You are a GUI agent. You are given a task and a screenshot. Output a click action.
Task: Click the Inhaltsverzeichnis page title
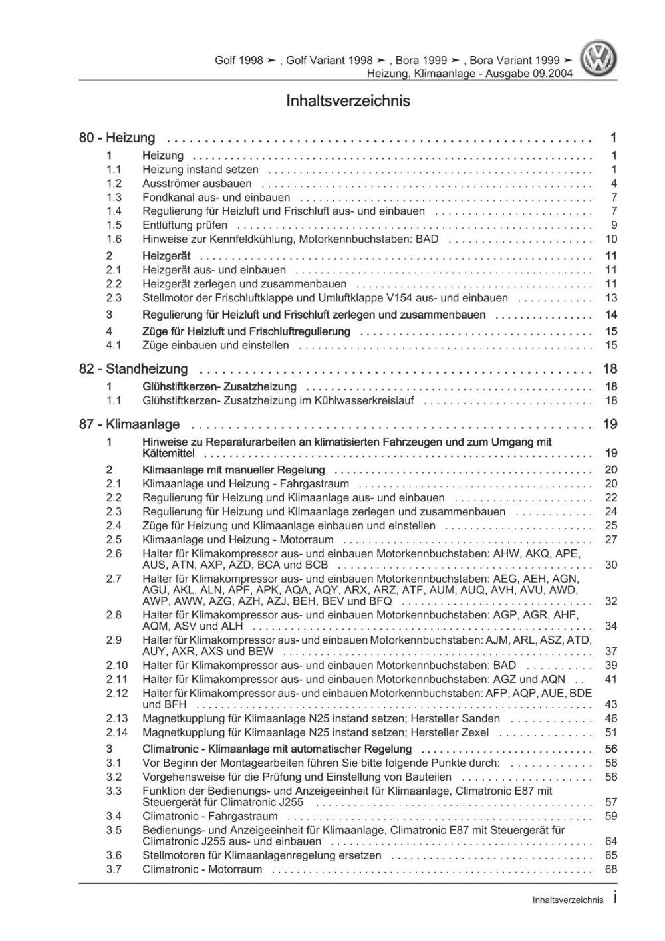pos(348,102)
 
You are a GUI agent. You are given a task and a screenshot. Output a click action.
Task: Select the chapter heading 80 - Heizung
pos(117,138)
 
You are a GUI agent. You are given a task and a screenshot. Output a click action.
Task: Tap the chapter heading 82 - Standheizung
pos(133,369)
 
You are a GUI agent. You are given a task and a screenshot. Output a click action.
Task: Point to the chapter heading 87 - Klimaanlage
pos(129,424)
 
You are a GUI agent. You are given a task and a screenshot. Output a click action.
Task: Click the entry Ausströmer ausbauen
pos(197,184)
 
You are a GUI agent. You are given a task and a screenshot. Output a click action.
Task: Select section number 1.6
pos(114,239)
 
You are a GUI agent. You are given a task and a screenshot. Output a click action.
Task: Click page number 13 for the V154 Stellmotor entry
pos(611,299)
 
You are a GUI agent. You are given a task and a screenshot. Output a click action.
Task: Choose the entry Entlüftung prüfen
pos(185,225)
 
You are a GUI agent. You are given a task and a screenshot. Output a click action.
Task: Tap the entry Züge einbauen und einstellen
pos(215,346)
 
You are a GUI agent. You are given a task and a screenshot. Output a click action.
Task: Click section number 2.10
pos(116,666)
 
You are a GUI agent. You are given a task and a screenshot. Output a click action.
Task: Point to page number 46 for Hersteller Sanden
pos(611,719)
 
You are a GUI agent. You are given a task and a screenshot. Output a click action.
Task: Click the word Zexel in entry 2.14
pos(474,733)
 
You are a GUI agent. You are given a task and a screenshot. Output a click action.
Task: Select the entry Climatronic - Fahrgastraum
pos(209,817)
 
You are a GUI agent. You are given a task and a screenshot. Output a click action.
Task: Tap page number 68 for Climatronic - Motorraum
pos(611,870)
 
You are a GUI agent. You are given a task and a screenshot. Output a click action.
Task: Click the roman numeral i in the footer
pos(614,898)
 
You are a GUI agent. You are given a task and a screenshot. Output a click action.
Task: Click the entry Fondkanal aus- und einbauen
pos(216,198)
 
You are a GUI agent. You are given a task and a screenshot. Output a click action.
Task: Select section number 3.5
pos(114,831)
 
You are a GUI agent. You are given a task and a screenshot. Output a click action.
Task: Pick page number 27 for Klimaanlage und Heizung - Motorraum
pos(611,540)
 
